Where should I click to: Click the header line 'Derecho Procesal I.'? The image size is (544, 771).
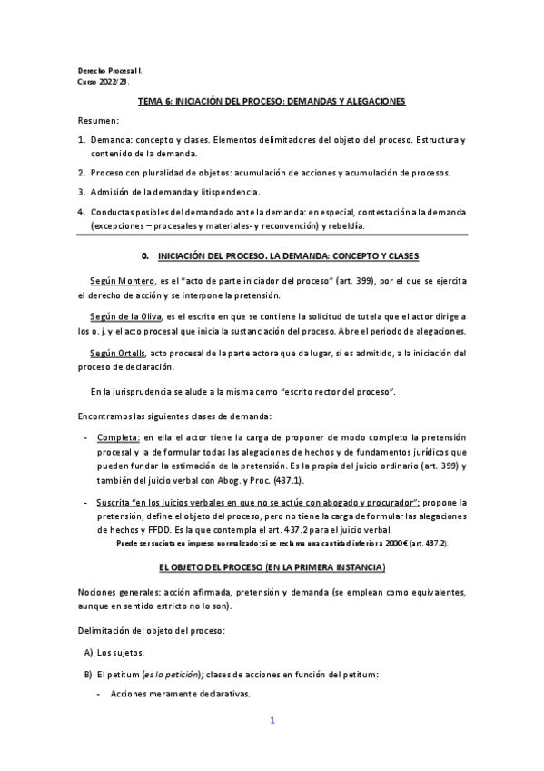click(109, 70)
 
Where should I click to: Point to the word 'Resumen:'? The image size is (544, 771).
click(98, 121)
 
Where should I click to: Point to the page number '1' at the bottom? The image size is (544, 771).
click(272, 721)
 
